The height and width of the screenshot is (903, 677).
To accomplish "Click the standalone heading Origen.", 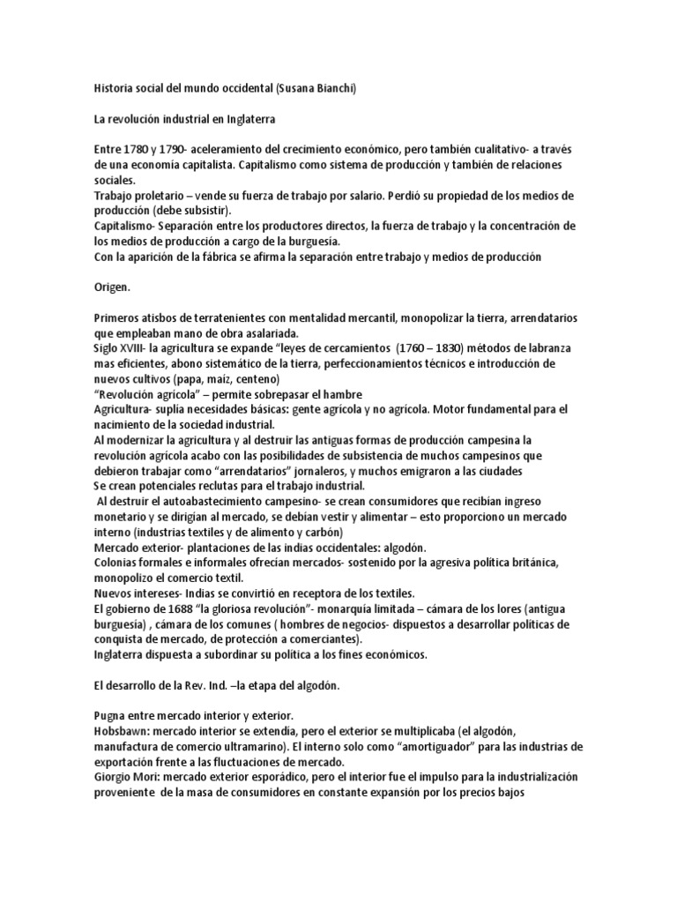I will [113, 287].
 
